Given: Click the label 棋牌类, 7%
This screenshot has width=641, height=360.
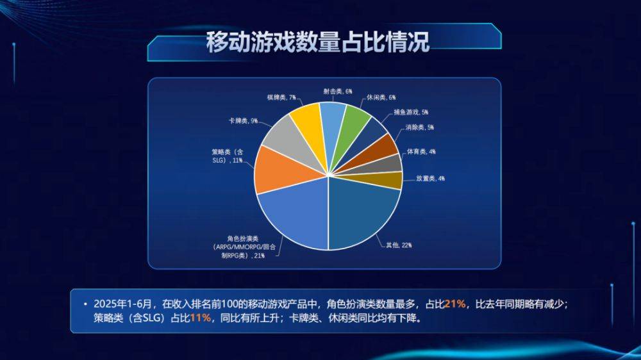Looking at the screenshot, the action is pos(281,97).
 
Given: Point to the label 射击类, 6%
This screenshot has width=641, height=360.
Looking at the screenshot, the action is pos(338,92).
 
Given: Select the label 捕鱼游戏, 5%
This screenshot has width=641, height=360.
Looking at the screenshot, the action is pos(411,112).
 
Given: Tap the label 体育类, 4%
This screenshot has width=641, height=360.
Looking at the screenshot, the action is pos(421,152).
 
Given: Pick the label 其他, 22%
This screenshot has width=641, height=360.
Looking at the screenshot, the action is pos(399,245).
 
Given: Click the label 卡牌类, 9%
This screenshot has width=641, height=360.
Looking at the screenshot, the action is pos(243,121).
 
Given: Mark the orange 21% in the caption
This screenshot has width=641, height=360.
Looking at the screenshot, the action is pos(455,304).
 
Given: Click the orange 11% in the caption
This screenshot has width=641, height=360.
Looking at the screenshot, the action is pos(200,318).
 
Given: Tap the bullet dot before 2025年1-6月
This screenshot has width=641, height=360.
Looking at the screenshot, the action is pos(85,304).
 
